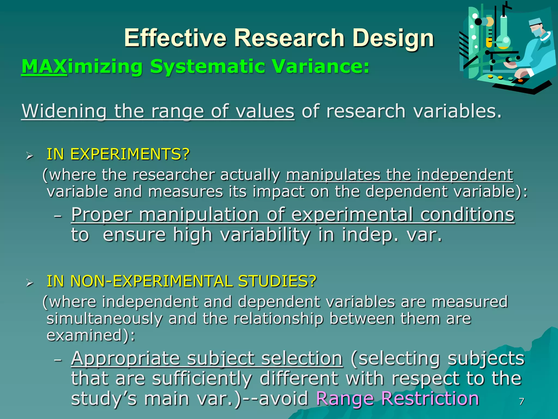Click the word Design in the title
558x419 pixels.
point(393,38)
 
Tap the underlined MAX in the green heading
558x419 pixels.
point(44,67)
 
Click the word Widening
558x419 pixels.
point(64,111)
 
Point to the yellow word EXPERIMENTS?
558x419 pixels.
point(130,154)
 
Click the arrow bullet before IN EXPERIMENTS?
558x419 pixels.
point(29,156)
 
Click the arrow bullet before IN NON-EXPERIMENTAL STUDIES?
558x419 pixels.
point(29,283)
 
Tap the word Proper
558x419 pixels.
point(102,215)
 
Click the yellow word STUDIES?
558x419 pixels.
point(277,281)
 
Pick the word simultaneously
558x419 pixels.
point(104,319)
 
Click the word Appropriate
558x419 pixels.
point(125,358)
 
